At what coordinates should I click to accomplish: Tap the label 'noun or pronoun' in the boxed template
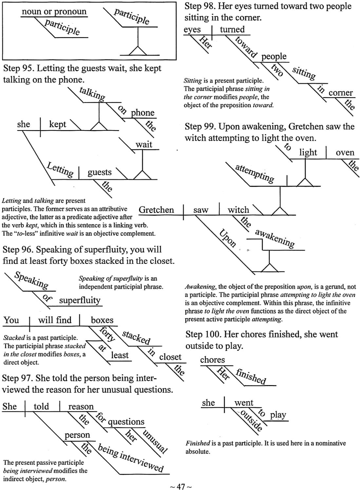(54, 12)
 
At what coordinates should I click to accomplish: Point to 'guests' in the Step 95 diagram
(100, 172)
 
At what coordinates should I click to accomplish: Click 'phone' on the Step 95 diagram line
(143, 113)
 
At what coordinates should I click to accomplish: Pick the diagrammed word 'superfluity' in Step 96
(80, 300)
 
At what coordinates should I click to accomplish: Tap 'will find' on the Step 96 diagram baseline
(55, 320)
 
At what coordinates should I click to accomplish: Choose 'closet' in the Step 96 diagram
(170, 357)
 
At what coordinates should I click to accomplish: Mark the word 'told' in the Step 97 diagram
(41, 407)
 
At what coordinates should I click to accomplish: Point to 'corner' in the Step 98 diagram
(340, 93)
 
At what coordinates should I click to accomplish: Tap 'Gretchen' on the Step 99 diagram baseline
(156, 210)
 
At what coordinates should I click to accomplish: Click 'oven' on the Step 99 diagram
(345, 153)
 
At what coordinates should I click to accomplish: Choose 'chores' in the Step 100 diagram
(212, 360)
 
